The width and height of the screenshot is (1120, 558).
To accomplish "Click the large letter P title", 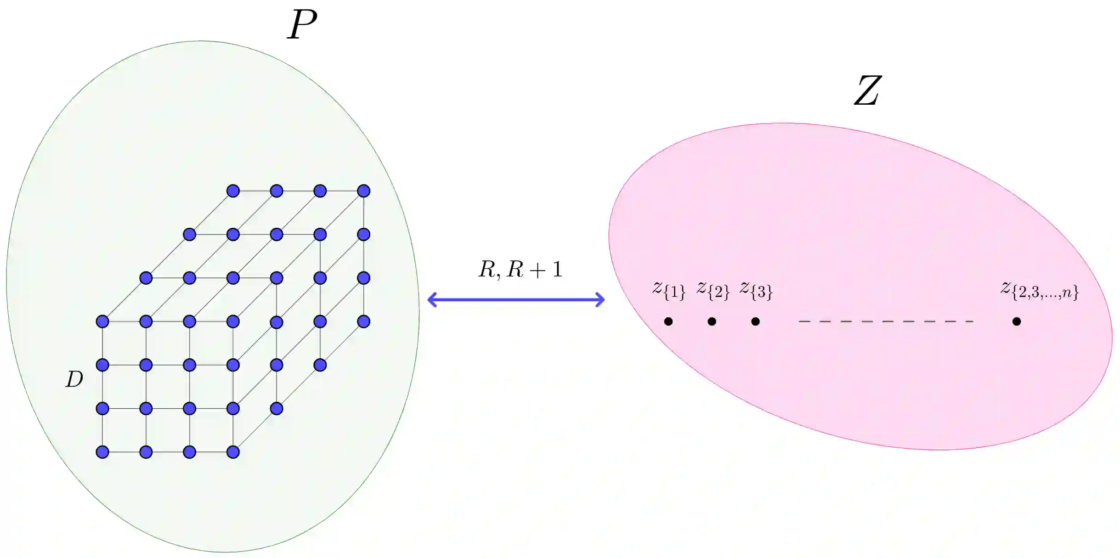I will point(302,25).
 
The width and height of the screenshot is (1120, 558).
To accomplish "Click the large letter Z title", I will point(867,91).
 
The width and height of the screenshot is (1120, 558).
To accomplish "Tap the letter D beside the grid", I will point(74,379).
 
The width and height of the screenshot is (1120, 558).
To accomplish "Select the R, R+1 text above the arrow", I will point(520,270).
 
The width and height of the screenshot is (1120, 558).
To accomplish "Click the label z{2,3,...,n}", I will point(1039,290).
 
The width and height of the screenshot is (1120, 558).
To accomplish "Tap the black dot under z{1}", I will point(668,321).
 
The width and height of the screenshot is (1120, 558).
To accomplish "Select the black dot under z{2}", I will point(712,321).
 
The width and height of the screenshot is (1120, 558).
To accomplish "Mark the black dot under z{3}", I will point(755,321).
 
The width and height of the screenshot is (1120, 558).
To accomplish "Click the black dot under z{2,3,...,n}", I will point(1017,321).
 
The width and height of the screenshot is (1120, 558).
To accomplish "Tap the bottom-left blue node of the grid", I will point(102,452).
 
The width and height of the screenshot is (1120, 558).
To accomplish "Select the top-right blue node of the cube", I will point(363,191).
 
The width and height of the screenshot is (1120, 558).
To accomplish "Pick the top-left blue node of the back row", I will point(233,191).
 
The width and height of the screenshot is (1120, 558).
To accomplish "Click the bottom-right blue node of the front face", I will point(233,452).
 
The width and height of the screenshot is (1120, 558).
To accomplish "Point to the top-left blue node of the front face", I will point(102,321).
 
